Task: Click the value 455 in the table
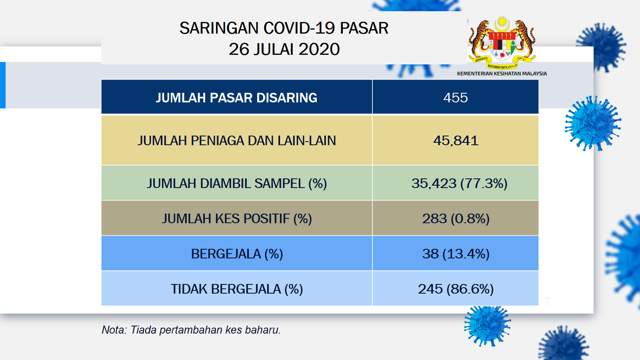pyautogui.click(x=456, y=98)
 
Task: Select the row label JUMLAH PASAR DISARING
pyautogui.click(x=236, y=98)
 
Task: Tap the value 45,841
pyautogui.click(x=456, y=140)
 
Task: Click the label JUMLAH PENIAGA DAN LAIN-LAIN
pyautogui.click(x=236, y=140)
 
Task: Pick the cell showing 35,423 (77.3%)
pyautogui.click(x=459, y=184)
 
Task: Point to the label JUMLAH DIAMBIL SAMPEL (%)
pyautogui.click(x=236, y=184)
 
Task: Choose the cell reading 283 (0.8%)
pyautogui.click(x=456, y=218)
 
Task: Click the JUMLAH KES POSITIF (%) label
pyautogui.click(x=236, y=218)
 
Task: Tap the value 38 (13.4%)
pyautogui.click(x=456, y=254)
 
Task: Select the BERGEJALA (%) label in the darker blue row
pyautogui.click(x=237, y=254)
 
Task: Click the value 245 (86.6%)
pyautogui.click(x=456, y=289)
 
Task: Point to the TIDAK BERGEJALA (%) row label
pyautogui.click(x=236, y=289)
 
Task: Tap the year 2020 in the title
pyautogui.click(x=319, y=49)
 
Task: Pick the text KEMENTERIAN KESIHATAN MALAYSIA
pyautogui.click(x=502, y=74)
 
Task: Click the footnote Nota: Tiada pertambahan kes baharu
pyautogui.click(x=191, y=330)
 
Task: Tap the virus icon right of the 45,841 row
pyautogui.click(x=593, y=124)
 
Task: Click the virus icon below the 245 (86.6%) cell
pyautogui.click(x=488, y=326)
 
